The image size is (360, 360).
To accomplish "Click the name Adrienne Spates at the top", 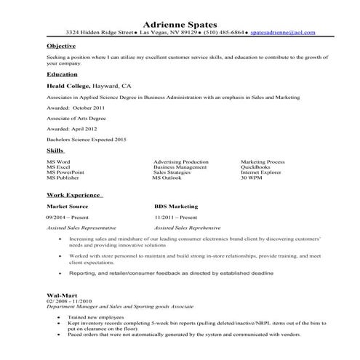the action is (180, 23).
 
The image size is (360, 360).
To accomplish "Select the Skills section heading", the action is (55, 150).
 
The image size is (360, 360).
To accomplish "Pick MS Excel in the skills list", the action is (60, 167).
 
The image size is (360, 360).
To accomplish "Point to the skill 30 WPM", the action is (252, 177).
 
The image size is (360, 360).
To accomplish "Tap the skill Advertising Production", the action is (181, 161).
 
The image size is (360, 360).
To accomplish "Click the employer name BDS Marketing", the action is (176, 206).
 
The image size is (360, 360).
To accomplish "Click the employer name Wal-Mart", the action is (61, 295).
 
